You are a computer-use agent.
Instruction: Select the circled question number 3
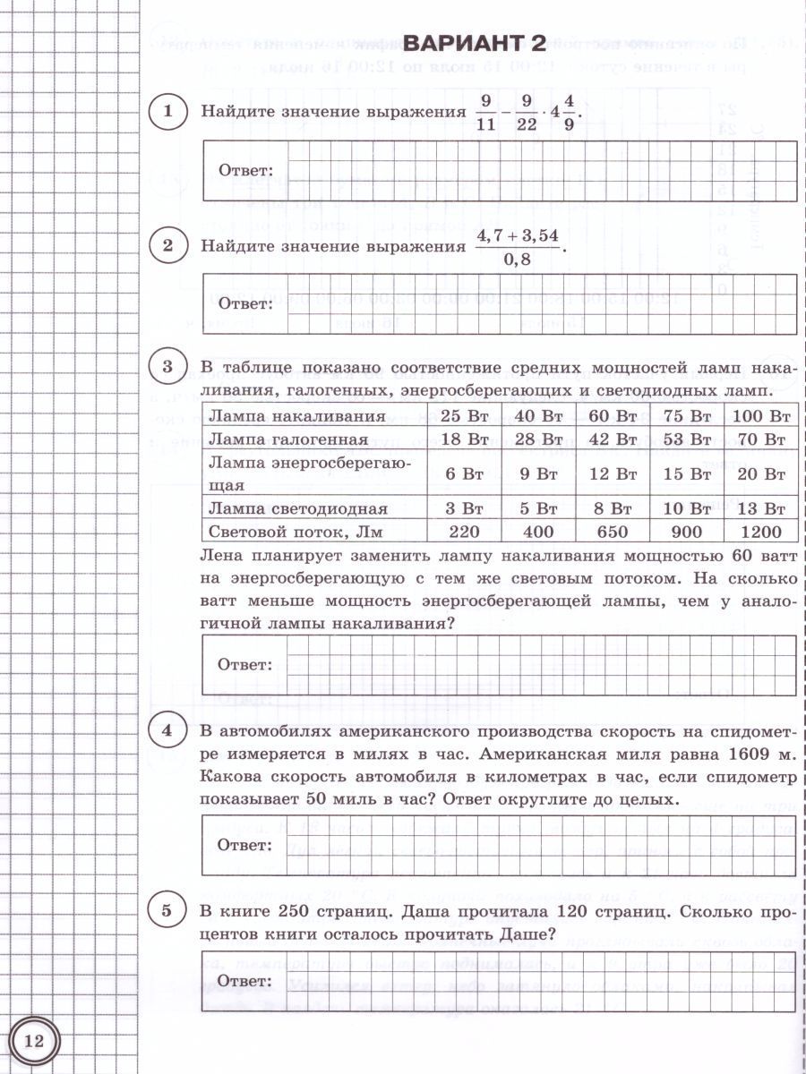[167, 367]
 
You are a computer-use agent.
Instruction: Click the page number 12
[34, 1041]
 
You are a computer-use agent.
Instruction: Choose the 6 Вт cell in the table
[465, 474]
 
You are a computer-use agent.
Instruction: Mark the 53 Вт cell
[687, 439]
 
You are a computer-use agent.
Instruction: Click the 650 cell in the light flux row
[613, 532]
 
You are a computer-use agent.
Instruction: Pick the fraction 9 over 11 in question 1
[485, 112]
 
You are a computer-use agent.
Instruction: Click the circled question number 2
[167, 244]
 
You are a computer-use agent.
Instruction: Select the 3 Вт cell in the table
[465, 508]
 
